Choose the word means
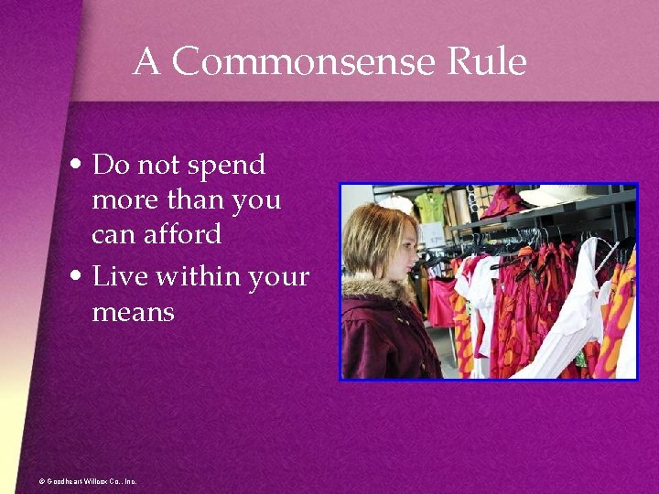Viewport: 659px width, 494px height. [x=133, y=313]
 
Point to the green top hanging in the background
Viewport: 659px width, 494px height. [x=429, y=205]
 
